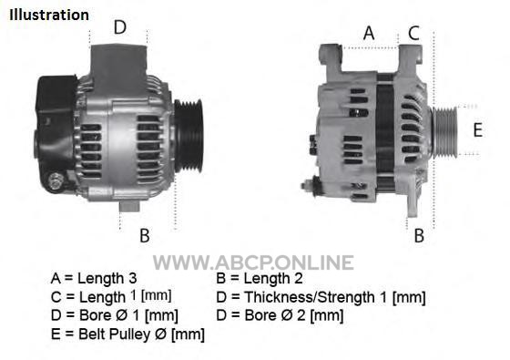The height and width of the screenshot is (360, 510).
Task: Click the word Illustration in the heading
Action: tap(49, 15)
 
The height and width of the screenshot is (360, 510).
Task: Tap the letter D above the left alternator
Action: tap(119, 27)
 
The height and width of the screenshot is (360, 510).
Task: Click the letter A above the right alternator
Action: tap(369, 33)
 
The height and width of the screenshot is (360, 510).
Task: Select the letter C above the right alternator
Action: tap(413, 33)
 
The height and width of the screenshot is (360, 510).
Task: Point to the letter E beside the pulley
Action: tap(477, 129)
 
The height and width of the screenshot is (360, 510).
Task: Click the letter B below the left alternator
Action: tap(145, 235)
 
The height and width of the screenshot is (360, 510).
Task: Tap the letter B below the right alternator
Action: tap(419, 235)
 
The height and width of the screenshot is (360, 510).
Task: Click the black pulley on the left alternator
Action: tap(189, 136)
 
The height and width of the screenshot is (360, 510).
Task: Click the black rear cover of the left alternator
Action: tap(56, 130)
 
